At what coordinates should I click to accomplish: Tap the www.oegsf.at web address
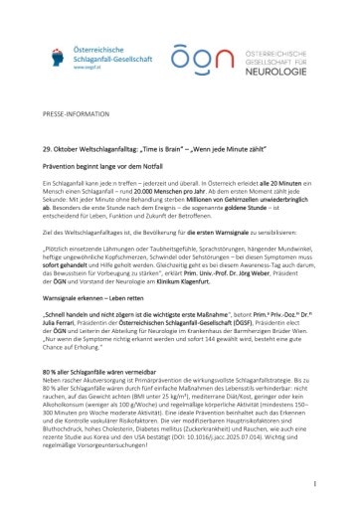(x=90, y=70)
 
